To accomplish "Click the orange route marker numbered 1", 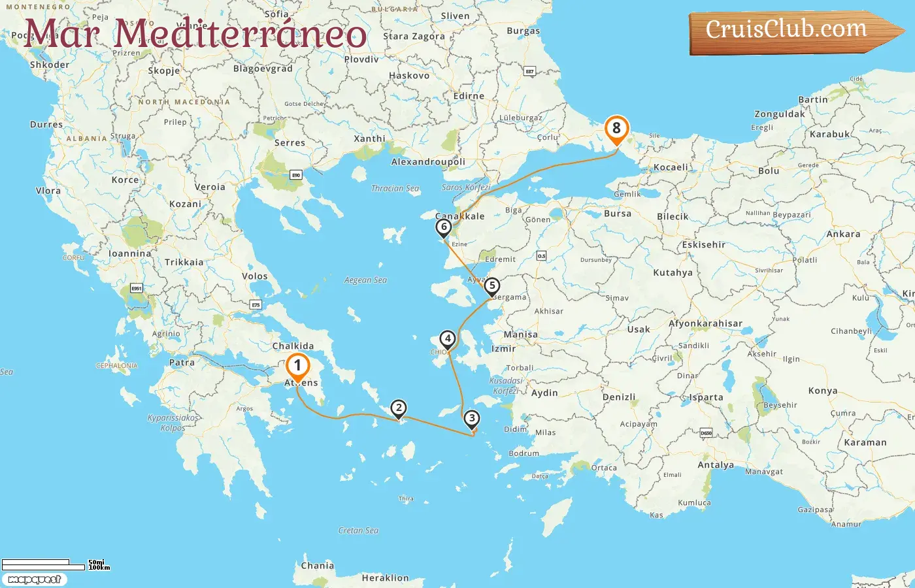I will pos(297,367).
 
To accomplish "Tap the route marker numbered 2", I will pos(399,408).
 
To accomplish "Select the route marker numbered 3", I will pos(471,419).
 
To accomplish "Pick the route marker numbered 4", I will pos(447,339).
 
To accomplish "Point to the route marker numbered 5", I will pos(492,286).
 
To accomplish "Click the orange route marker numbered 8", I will pos(616,129).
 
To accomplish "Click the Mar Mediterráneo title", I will pos(195,33).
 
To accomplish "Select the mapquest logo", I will pos(34,580).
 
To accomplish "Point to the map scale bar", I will pos(56,564).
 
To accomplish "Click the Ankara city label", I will pos(843,234).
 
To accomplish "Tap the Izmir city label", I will pos(504,349).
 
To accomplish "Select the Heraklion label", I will pos(385,578).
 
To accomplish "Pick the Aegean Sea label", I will pos(365,280).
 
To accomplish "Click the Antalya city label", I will pos(716,465).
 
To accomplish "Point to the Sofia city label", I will pos(276,14).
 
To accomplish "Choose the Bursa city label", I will pos(618,214).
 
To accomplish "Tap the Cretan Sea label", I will pos(358,531).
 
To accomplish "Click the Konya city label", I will pos(823,391).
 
